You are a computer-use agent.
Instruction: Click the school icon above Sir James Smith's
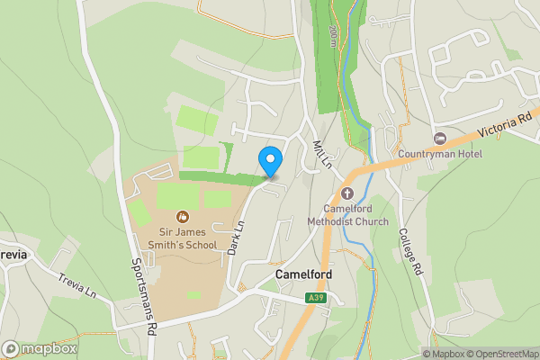pyautogui.click(x=183, y=216)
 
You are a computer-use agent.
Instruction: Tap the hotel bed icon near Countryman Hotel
pyautogui.click(x=440, y=138)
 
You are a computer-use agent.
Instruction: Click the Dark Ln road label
pyautogui.click(x=237, y=238)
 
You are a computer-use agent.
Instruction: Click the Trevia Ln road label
pyautogui.click(x=78, y=285)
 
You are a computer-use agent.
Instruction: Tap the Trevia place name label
pyautogui.click(x=13, y=254)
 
